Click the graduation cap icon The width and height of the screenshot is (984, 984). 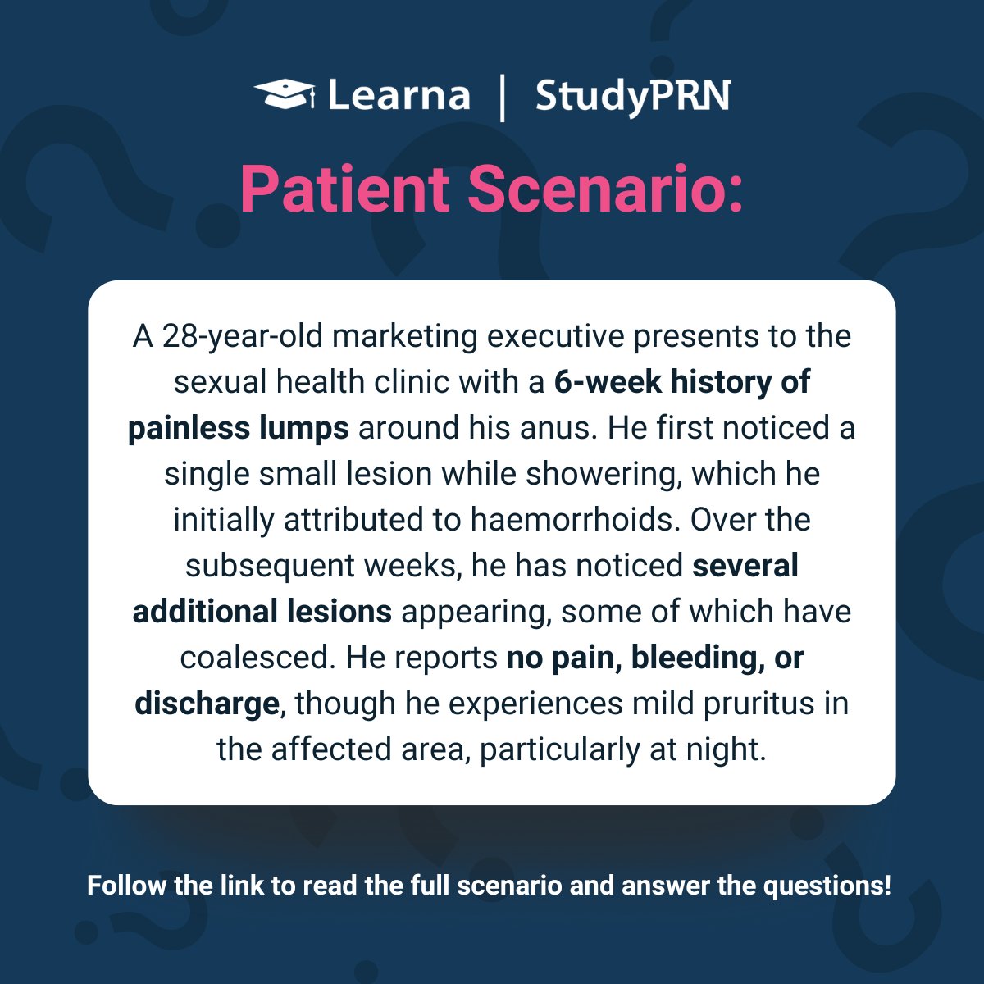click(x=284, y=93)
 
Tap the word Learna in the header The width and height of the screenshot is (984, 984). click(x=399, y=96)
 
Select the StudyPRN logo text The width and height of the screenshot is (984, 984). click(x=632, y=97)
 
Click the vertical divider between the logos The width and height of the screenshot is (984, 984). click(x=502, y=98)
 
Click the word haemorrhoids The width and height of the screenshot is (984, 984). click(x=575, y=521)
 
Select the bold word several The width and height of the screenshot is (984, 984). click(x=745, y=567)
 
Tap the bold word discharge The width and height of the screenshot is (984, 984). click(x=207, y=704)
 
